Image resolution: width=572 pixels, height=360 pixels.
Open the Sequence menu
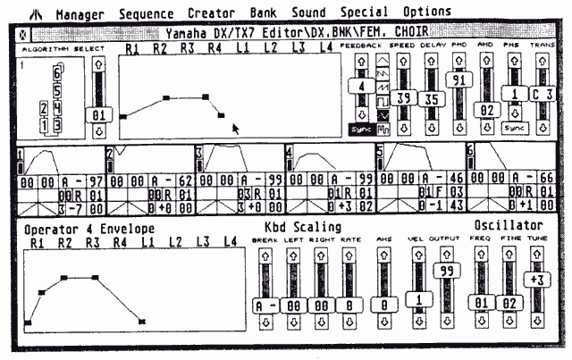(x=146, y=13)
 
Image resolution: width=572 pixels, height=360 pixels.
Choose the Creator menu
(x=212, y=13)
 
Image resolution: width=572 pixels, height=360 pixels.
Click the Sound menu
(x=308, y=13)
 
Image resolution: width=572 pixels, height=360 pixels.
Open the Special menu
(x=364, y=13)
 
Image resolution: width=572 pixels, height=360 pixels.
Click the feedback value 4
(x=361, y=88)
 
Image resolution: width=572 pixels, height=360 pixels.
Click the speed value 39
(x=403, y=97)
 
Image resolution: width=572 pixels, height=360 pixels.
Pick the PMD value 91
(x=459, y=80)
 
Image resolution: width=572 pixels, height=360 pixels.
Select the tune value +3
(x=537, y=279)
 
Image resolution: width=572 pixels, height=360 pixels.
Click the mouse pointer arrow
(x=236, y=129)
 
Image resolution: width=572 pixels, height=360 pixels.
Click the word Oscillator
(x=508, y=225)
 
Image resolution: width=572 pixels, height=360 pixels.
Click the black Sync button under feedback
(x=361, y=130)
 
